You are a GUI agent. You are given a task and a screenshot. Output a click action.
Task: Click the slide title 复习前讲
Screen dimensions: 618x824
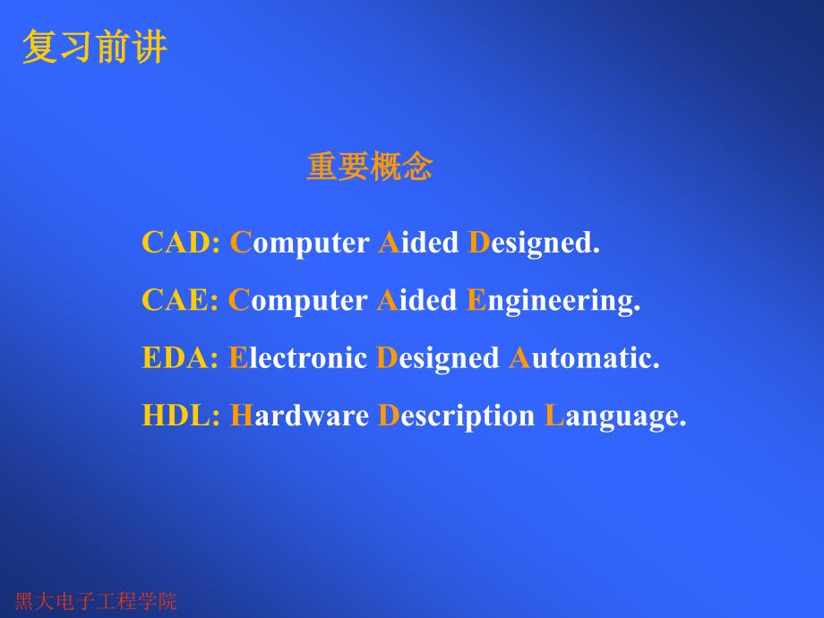coord(94,47)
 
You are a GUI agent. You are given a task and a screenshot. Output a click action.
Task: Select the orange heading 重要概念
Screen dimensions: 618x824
coord(369,167)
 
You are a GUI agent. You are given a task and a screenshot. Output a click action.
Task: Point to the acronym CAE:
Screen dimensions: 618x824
coord(180,300)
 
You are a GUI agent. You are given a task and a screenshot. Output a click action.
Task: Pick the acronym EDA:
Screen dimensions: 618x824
coord(180,358)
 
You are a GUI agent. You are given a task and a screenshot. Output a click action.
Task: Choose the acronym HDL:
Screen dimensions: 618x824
coord(181,416)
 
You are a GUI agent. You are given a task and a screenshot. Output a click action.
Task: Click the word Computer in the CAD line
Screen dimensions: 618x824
coord(300,243)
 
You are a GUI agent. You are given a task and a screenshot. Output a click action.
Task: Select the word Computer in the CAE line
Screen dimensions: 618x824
coord(299,300)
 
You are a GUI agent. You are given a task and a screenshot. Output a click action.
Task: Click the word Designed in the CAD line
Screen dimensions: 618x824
coord(533,243)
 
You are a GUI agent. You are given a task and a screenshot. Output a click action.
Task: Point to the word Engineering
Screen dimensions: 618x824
coord(554,302)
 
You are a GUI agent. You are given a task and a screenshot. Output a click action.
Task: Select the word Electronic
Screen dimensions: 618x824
coord(298,358)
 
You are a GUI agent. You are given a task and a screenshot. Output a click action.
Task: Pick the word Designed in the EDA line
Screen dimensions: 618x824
coord(438,359)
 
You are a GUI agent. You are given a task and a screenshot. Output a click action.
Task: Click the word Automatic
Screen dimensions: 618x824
coord(584,358)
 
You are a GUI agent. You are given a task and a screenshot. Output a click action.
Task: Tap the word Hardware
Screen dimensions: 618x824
coord(300,416)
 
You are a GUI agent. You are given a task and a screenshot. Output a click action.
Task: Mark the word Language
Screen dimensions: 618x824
coord(615,417)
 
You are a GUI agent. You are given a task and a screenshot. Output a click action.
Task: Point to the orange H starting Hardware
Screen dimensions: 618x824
coord(242,416)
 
